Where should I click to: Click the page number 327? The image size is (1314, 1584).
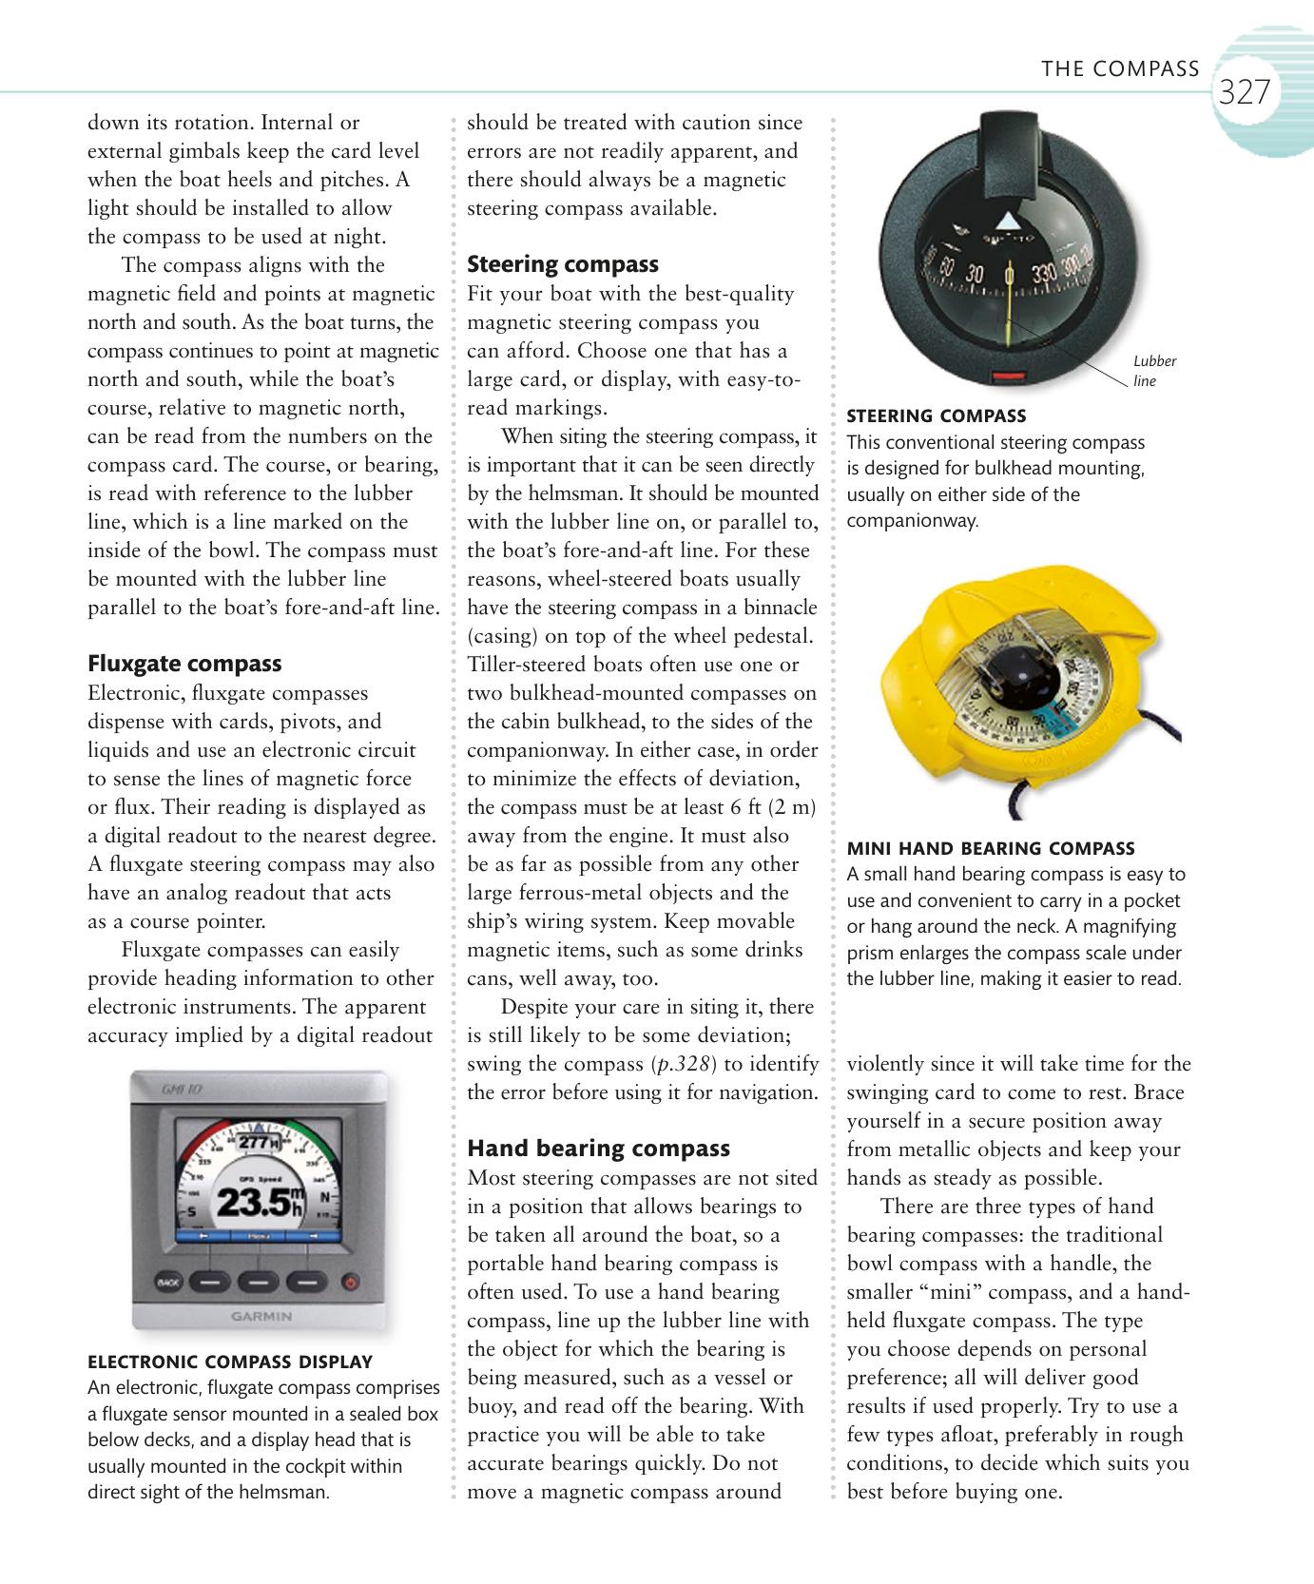(x=1244, y=92)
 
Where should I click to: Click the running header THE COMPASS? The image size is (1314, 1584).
(x=1120, y=68)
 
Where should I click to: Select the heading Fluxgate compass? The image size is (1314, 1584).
(x=184, y=664)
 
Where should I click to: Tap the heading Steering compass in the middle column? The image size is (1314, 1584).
(x=563, y=264)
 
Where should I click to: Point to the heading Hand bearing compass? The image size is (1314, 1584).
(x=599, y=1149)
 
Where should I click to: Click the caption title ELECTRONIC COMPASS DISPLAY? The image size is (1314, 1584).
(x=230, y=1362)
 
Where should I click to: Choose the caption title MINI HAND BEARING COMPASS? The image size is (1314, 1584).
(x=991, y=848)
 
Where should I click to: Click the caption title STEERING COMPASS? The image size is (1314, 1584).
(x=937, y=415)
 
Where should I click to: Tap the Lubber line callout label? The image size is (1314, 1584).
(x=1154, y=371)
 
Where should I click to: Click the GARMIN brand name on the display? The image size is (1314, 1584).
(x=261, y=1317)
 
